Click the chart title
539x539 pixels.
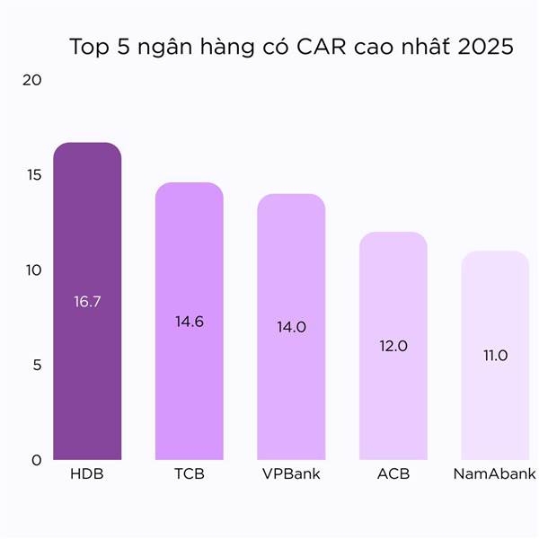coord(291,48)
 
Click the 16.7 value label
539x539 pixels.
coord(87,302)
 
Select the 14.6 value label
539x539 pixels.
coord(190,322)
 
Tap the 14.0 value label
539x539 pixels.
coord(291,327)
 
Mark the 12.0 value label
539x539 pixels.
coord(393,346)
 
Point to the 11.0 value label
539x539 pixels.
coord(495,356)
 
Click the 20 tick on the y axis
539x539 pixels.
coord(32,80)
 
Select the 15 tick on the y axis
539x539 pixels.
coord(32,175)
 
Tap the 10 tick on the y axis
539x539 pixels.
coord(32,270)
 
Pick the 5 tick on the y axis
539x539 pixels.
coord(36,366)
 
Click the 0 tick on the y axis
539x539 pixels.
coord(36,460)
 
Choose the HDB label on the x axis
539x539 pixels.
coord(87,473)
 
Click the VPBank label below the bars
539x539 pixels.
coord(291,473)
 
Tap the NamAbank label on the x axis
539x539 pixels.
coord(495,473)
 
